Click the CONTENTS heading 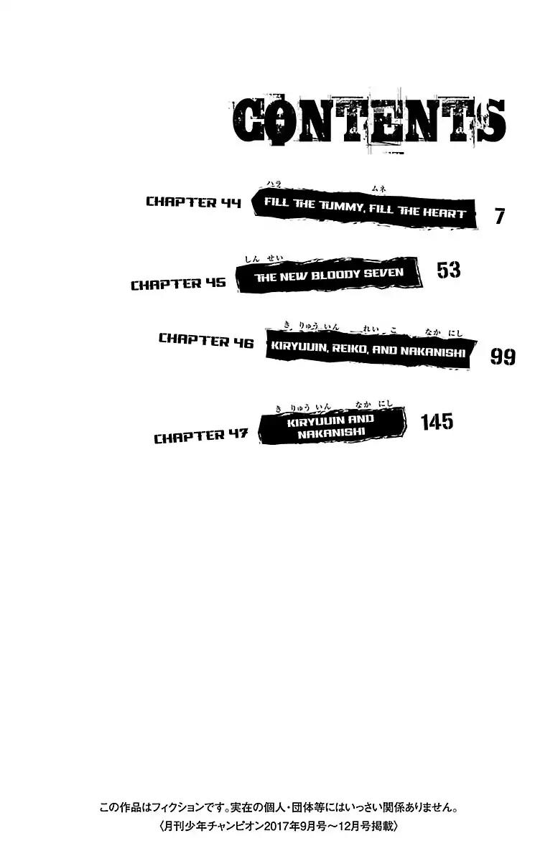370,121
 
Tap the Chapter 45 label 177,283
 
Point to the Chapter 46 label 205,340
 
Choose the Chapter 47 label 200,436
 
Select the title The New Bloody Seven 328,273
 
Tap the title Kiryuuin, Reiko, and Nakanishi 368,352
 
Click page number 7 500,216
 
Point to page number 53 448,270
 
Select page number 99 502,357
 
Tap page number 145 437,422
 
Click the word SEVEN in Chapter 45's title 383,273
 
